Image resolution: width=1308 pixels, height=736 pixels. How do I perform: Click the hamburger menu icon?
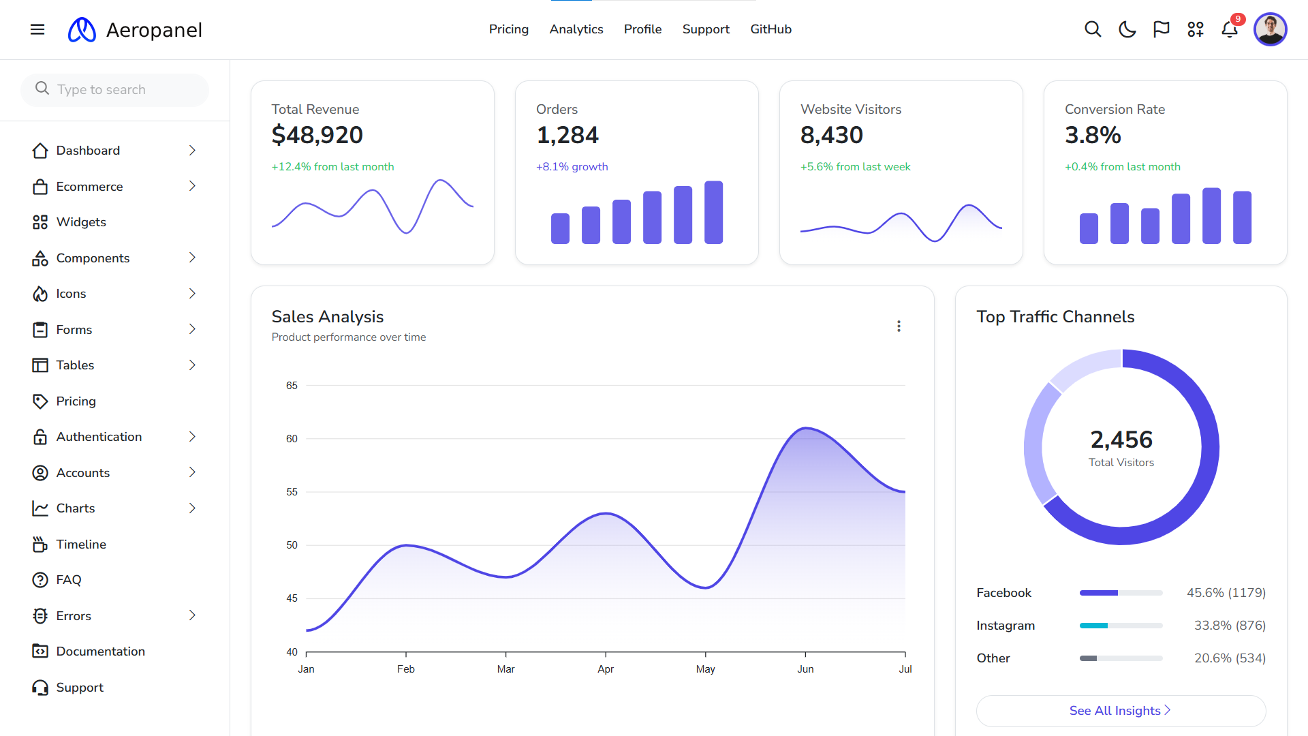pyautogui.click(x=37, y=29)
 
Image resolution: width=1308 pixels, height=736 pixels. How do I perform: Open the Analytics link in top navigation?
pyautogui.click(x=576, y=29)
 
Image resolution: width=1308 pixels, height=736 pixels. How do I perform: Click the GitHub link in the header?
pyautogui.click(x=770, y=29)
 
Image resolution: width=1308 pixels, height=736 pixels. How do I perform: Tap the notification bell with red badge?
pyautogui.click(x=1229, y=29)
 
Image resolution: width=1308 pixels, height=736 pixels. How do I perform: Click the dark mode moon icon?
pyautogui.click(x=1127, y=29)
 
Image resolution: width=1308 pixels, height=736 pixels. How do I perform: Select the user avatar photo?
pyautogui.click(x=1270, y=29)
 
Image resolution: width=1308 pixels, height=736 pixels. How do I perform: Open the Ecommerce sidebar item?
pyautogui.click(x=89, y=186)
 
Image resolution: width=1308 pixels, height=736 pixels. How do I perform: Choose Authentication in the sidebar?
pyautogui.click(x=99, y=436)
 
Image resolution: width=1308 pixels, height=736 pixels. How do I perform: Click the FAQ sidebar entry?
pyautogui.click(x=68, y=579)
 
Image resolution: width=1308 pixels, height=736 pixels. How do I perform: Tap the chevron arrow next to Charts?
pyautogui.click(x=192, y=508)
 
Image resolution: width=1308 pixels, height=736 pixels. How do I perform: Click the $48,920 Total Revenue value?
pyautogui.click(x=317, y=135)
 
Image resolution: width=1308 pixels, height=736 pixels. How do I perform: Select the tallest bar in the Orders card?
pyautogui.click(x=713, y=212)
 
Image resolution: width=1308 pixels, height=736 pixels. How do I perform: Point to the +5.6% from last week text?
pyautogui.click(x=855, y=166)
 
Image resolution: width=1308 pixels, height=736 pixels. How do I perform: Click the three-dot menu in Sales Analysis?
pyautogui.click(x=899, y=326)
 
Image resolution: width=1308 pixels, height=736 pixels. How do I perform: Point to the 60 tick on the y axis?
pyautogui.click(x=292, y=438)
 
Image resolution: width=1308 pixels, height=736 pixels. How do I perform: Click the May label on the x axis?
pyautogui.click(x=705, y=669)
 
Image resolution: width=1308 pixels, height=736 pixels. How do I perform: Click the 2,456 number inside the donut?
pyautogui.click(x=1121, y=440)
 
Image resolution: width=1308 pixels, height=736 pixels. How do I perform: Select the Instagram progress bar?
pyautogui.click(x=1121, y=625)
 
